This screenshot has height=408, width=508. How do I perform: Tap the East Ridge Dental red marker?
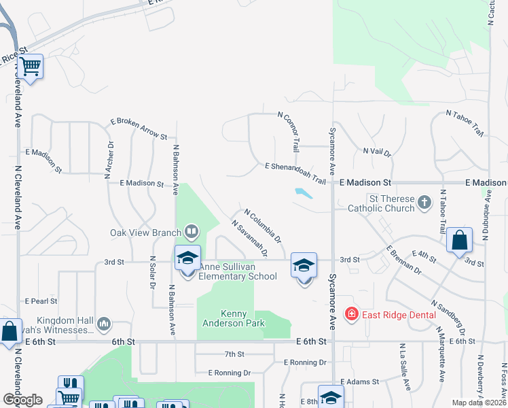(x=351, y=313)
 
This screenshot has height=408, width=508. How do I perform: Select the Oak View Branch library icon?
(x=192, y=233)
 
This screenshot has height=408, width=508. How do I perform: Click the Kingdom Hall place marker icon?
(x=103, y=323)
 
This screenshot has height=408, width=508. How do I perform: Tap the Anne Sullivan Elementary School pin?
(x=187, y=260)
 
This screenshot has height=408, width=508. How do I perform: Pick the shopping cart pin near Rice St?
(x=31, y=67)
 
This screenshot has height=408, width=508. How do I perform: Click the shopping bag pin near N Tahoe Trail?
(x=460, y=241)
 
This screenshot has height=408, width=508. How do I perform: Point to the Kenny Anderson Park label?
(x=233, y=318)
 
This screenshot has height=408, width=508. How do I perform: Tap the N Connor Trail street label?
(x=288, y=131)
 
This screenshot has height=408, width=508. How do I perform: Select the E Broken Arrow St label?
(x=139, y=129)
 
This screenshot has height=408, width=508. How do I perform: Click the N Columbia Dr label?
(x=262, y=226)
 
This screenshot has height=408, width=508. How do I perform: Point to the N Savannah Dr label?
(x=249, y=237)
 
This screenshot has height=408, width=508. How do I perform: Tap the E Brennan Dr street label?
(x=404, y=260)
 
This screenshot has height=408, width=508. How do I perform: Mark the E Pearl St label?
(x=41, y=300)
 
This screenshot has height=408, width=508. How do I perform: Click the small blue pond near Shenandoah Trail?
(x=303, y=193)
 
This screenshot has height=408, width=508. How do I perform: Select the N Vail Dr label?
(x=378, y=152)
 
